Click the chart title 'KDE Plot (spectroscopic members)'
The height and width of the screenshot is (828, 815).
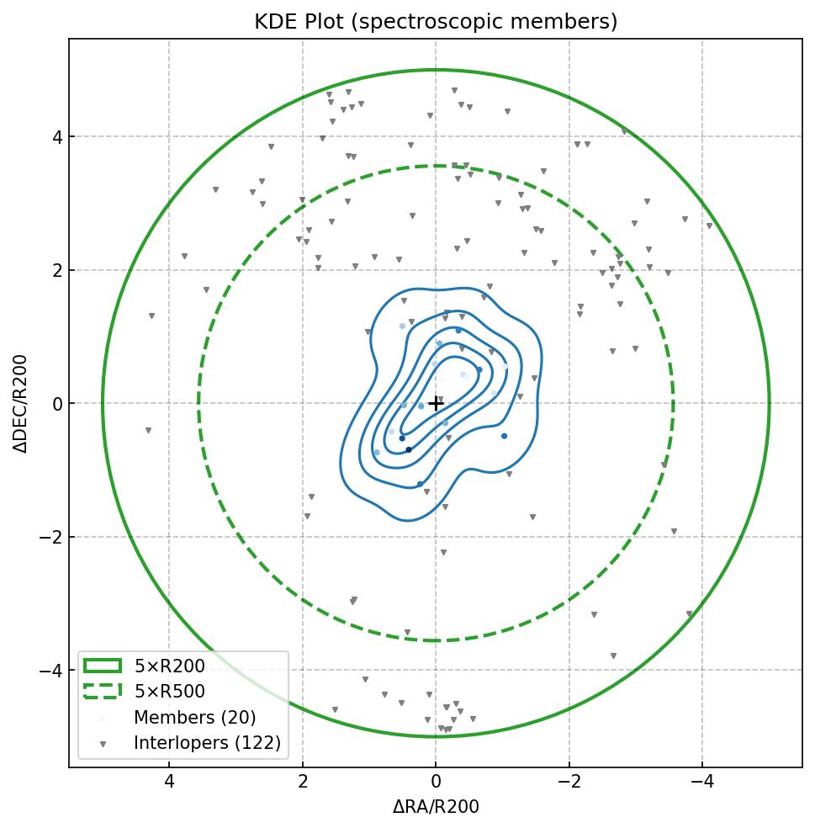436,22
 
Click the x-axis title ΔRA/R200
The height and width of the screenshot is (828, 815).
436,807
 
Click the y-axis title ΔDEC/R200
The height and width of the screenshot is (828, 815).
21,403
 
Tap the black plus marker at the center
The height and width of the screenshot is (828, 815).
436,404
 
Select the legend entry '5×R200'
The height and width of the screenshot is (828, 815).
169,666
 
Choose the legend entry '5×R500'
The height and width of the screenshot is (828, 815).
169,692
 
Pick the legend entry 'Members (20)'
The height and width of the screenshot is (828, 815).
194,718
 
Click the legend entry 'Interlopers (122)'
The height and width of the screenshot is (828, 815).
207,743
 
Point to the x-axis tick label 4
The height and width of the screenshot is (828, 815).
169,782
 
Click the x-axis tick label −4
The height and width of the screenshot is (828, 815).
702,782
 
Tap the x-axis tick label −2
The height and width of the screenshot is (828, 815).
569,782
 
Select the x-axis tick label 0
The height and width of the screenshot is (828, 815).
436,782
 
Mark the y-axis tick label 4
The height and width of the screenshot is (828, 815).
56,137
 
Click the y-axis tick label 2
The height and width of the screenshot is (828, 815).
56,270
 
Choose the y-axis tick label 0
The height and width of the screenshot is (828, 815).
56,404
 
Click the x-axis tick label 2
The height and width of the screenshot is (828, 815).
303,782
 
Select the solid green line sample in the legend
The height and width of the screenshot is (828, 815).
103,666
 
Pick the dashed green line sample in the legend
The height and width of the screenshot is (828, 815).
103,692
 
